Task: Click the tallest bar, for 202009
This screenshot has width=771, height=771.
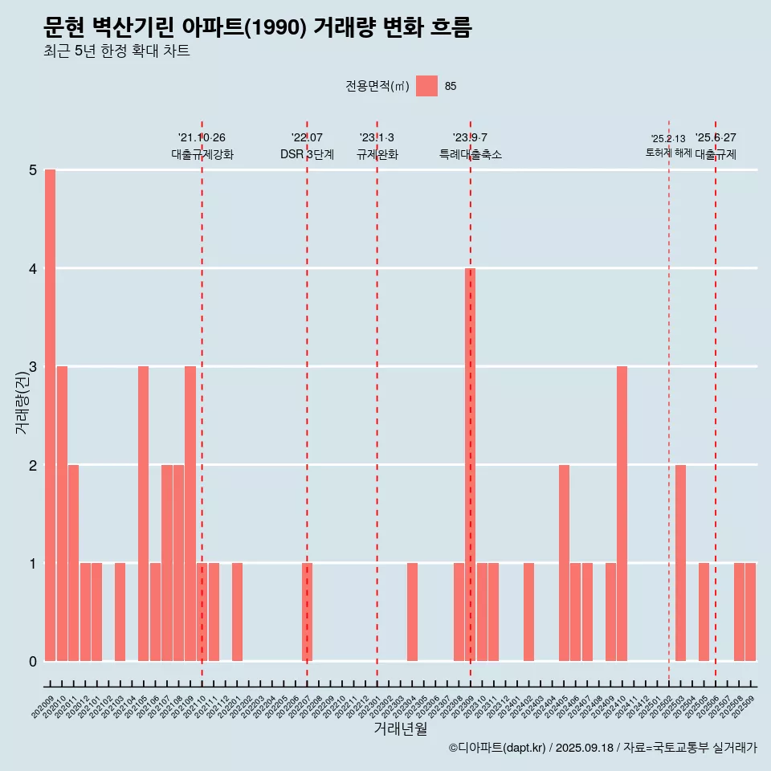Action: [50, 415]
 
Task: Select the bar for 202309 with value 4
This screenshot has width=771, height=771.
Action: [471, 464]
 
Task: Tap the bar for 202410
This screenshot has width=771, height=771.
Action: [622, 513]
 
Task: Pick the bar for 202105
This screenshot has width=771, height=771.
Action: [143, 513]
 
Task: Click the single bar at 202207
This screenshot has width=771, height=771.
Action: [307, 612]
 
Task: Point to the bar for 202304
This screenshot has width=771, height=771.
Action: [412, 612]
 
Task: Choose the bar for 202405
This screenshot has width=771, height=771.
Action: [564, 562]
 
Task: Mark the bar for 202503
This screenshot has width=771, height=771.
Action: [680, 562]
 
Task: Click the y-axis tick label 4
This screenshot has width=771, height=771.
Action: [33, 268]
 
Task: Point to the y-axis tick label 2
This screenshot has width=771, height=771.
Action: [33, 465]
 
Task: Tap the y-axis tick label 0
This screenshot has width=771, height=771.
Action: [33, 662]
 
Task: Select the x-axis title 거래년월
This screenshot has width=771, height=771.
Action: [400, 728]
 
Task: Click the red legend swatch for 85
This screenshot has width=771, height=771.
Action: [426, 86]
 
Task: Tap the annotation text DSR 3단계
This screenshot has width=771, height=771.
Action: [307, 154]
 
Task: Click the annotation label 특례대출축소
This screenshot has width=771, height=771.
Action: [471, 154]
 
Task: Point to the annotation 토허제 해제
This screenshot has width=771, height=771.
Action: [668, 152]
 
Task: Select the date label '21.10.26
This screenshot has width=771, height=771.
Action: [202, 138]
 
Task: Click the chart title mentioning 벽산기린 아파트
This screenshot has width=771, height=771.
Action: [257, 28]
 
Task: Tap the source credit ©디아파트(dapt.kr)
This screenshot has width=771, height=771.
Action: [498, 748]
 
